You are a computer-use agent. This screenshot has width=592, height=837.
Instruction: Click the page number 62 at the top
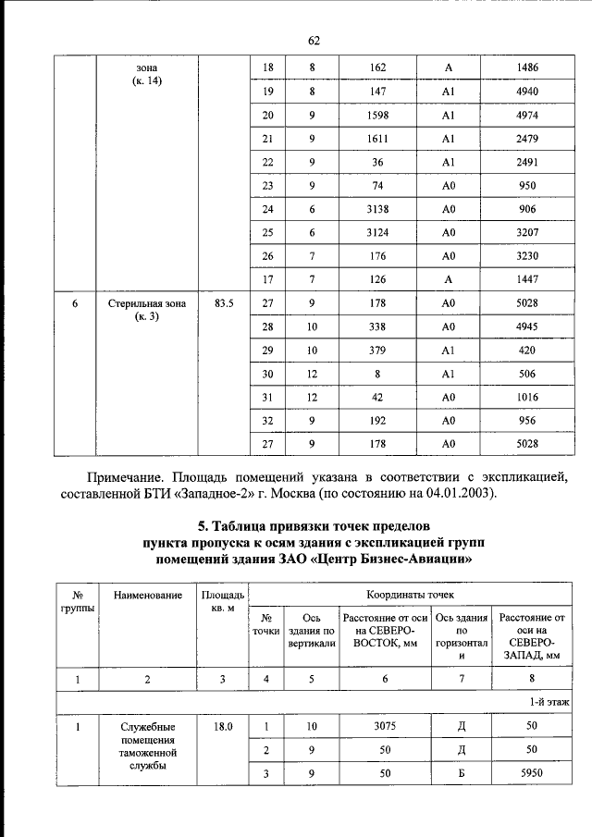click(x=313, y=40)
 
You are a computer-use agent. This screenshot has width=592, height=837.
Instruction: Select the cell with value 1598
click(x=377, y=116)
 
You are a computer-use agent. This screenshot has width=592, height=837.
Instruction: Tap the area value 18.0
click(x=222, y=727)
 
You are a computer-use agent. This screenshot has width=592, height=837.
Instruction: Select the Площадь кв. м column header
click(x=222, y=603)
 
